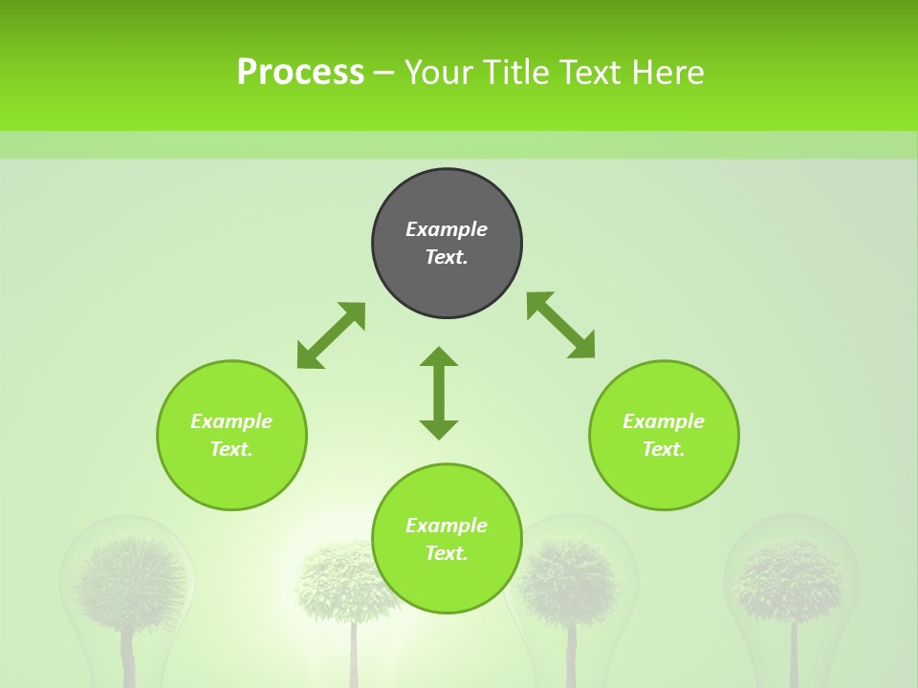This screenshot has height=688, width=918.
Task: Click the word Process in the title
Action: click(300, 73)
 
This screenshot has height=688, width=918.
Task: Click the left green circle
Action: click(231, 478)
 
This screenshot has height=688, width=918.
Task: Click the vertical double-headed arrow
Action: click(439, 394)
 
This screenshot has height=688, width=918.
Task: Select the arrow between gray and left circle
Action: click(331, 335)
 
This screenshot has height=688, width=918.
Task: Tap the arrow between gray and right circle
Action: click(560, 325)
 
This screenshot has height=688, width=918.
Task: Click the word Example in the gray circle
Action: click(447, 229)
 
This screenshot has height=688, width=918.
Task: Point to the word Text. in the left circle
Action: click(231, 449)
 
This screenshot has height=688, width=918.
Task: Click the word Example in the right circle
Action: click(664, 421)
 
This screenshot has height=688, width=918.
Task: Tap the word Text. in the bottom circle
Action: click(447, 553)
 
